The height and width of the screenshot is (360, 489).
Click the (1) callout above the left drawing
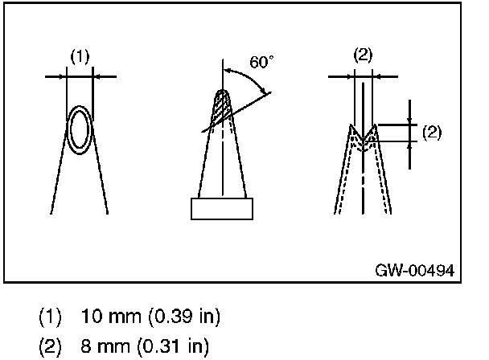pos(80,56)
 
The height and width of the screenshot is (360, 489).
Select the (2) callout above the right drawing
pos(364,56)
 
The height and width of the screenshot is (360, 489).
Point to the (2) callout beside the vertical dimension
pos(432,133)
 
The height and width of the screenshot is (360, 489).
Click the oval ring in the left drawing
pos(80,129)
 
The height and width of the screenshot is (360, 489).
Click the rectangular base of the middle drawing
pos(221,208)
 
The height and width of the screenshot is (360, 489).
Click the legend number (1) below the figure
pos(48,314)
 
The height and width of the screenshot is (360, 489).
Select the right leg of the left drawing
pos(100,173)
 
